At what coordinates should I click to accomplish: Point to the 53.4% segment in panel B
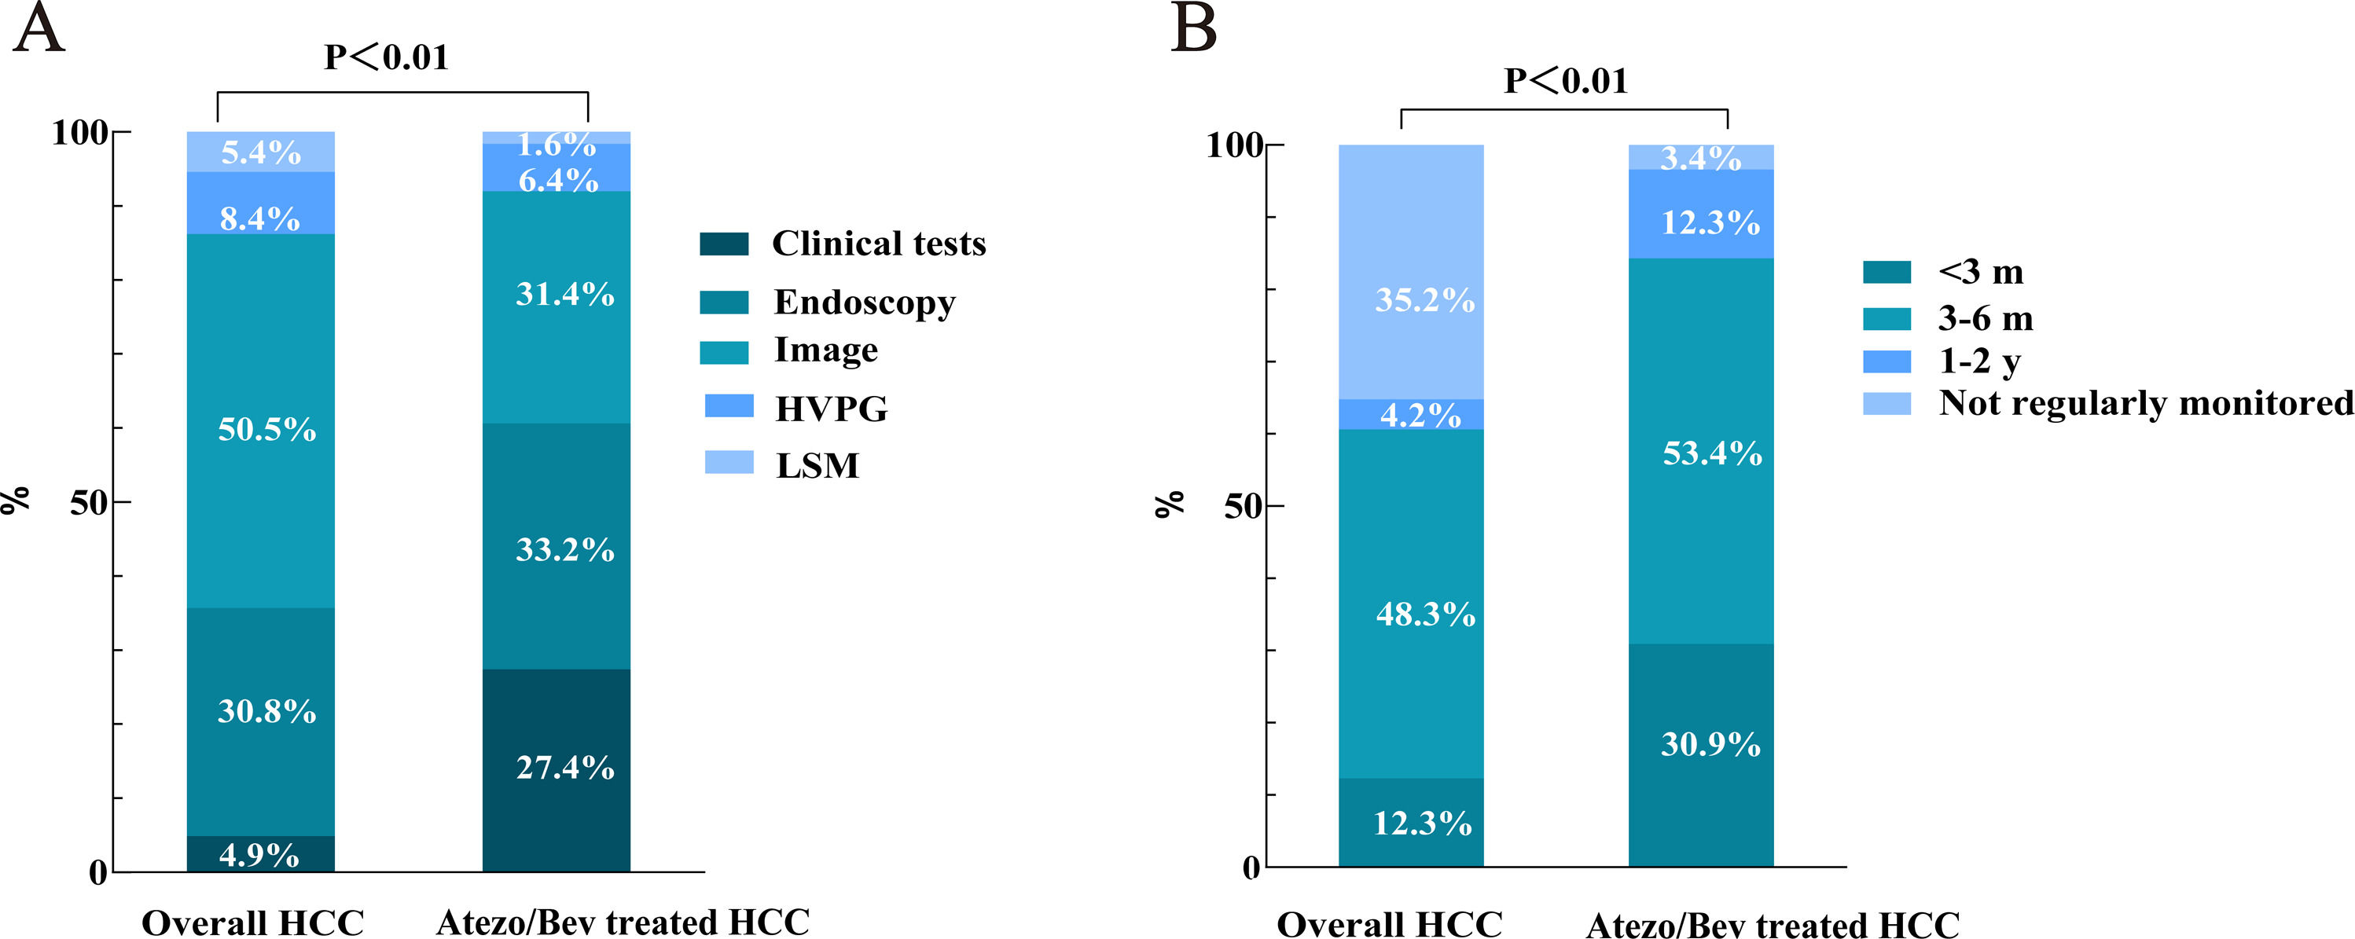(1700, 452)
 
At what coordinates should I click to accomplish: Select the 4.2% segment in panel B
(1411, 414)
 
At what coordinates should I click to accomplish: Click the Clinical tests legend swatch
(724, 244)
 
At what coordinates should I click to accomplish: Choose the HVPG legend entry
(830, 409)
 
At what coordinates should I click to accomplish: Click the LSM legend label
(817, 465)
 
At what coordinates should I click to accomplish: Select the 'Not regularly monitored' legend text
(2144, 403)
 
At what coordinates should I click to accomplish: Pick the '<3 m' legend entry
(1980, 273)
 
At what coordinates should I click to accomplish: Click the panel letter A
(39, 29)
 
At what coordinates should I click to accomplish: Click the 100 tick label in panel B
(1234, 145)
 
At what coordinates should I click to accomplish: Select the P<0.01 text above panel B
(1565, 80)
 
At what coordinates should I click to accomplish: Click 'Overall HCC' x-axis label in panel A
(252, 922)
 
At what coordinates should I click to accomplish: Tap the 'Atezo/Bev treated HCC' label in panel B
(1772, 923)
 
